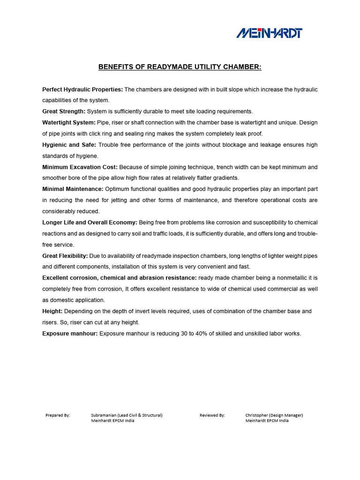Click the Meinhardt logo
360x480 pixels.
[x=269, y=33]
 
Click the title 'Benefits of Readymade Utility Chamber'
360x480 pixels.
[x=180, y=67]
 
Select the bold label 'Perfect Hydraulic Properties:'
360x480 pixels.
[x=82, y=89]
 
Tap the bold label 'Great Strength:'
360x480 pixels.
[x=64, y=112]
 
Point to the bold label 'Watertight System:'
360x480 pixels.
[x=68, y=122]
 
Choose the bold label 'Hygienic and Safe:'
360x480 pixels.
[x=69, y=145]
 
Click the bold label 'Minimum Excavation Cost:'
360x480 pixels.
[x=80, y=167]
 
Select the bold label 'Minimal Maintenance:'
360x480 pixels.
[x=73, y=189]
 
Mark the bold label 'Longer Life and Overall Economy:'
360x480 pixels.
[x=90, y=222]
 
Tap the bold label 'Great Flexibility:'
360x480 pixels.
[x=65, y=256]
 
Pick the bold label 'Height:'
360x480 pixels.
[x=52, y=311]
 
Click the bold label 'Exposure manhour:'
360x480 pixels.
[x=70, y=334]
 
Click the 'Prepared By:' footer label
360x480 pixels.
[x=58, y=415]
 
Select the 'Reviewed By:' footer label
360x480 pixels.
[x=212, y=415]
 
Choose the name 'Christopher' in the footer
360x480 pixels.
[x=257, y=415]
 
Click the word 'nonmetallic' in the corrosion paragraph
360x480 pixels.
[x=282, y=278]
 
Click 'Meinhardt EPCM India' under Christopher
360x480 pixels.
[x=267, y=421]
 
